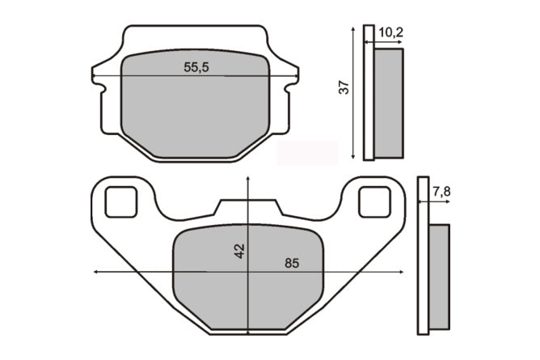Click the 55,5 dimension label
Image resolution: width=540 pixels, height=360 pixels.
(196, 67)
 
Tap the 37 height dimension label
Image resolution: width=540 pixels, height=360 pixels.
(344, 87)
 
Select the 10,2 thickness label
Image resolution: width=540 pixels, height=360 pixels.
(391, 32)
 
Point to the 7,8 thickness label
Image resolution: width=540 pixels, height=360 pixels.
(441, 192)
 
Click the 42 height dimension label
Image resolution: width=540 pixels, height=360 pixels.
(239, 251)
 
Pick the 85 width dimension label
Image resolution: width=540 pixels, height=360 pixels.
(292, 263)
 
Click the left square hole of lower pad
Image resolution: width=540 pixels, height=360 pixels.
(121, 202)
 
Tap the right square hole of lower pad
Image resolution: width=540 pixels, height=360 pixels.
(375, 202)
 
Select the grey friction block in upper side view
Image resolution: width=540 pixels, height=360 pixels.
(389, 104)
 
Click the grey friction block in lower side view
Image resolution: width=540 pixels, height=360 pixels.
(440, 277)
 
